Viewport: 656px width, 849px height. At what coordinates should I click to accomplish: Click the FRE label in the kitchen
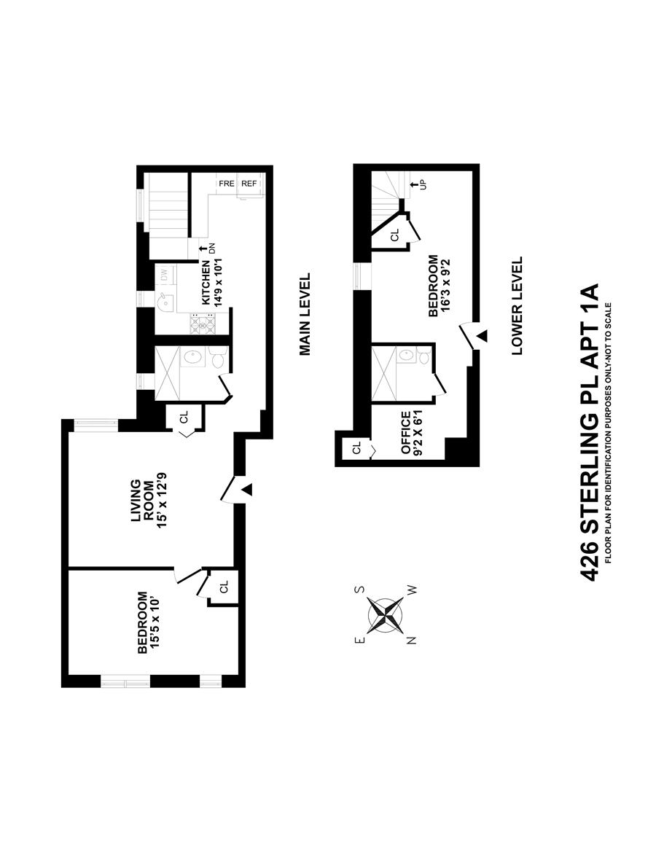click(x=226, y=184)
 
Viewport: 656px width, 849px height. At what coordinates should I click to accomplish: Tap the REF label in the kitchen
click(x=249, y=184)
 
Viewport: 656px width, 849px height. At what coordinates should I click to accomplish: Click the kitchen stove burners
click(x=202, y=322)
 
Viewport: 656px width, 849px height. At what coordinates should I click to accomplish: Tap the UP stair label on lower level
click(x=419, y=185)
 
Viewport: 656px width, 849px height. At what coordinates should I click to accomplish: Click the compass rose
click(x=386, y=614)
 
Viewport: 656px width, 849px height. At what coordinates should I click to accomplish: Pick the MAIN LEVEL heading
click(x=305, y=314)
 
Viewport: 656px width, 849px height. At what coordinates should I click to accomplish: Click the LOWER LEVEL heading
click(x=518, y=305)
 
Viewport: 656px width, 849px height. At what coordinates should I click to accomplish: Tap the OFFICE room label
click(x=405, y=433)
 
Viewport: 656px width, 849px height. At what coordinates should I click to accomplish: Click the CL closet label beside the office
click(x=356, y=448)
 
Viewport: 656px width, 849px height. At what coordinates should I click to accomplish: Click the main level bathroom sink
click(x=192, y=357)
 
